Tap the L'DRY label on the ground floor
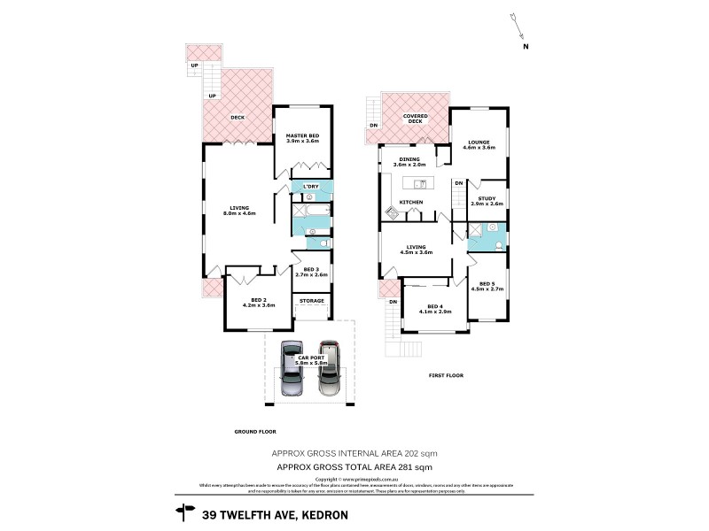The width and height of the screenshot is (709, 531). tap(310, 187)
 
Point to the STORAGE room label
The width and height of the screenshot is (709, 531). tap(311, 302)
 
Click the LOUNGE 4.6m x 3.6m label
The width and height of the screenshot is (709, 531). tap(479, 144)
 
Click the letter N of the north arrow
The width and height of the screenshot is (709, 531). tap(525, 46)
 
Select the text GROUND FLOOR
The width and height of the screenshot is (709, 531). tap(254, 431)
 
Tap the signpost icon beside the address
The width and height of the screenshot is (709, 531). tap(185, 510)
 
